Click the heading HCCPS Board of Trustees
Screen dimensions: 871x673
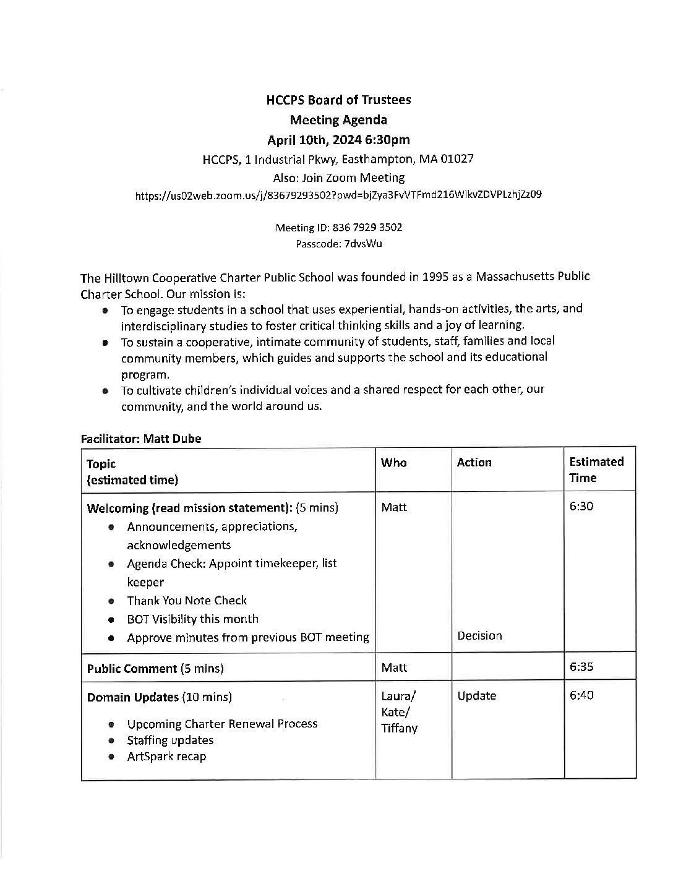tap(338, 100)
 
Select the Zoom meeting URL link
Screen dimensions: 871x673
tap(338, 195)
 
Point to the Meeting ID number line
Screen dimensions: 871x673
tap(338, 228)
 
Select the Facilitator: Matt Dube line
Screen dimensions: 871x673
tap(140, 438)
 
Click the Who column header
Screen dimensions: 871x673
tap(393, 463)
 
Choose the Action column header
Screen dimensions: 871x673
tap(474, 463)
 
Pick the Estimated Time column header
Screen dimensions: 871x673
tap(596, 470)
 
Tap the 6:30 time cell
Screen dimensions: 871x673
tap(581, 506)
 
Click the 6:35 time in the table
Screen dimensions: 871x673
tap(581, 667)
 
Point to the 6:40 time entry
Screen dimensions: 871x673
tap(581, 695)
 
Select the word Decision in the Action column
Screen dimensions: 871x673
tap(479, 635)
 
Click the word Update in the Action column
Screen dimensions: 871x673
tap(476, 696)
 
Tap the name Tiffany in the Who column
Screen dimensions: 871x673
tap(399, 728)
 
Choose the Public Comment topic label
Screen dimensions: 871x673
tap(132, 668)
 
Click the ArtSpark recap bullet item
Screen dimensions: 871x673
tap(166, 756)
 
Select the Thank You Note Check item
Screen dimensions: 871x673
tap(186, 600)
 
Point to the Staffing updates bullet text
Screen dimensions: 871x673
tap(169, 740)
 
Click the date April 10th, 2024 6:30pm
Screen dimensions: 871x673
tap(338, 140)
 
